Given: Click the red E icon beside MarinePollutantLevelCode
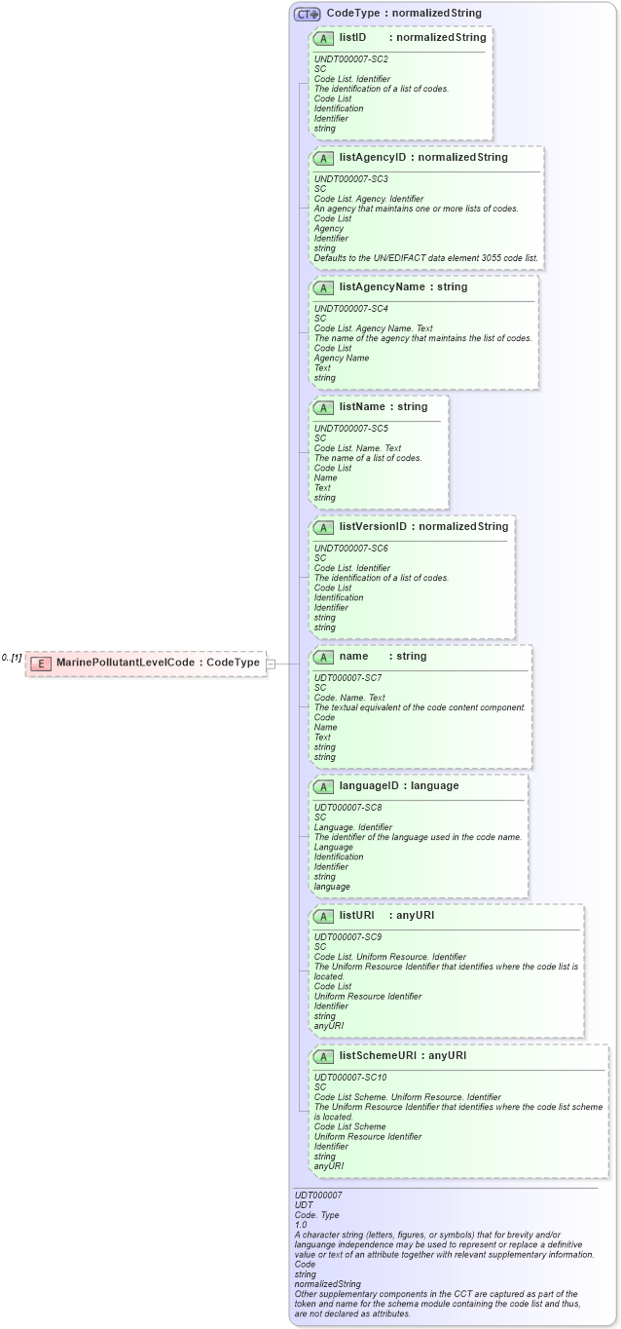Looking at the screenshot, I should [41, 663].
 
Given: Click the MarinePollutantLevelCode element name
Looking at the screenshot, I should [126, 663].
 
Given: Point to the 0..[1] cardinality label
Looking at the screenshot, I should [12, 658].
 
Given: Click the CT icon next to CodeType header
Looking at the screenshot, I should [308, 14].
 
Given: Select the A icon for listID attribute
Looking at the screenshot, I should [323, 38].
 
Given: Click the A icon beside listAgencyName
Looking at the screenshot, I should [323, 287].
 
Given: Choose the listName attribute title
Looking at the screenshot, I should [364, 406].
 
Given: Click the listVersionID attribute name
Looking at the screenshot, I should [373, 527].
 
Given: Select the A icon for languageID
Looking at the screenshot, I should [323, 786].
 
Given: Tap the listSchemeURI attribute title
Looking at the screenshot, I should [380, 1055].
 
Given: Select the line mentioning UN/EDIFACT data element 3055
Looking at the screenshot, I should [425, 258].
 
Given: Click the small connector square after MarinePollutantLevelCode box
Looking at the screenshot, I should [271, 664].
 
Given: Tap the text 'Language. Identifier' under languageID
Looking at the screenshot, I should [353, 827].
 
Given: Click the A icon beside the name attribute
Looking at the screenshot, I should [323, 657].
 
